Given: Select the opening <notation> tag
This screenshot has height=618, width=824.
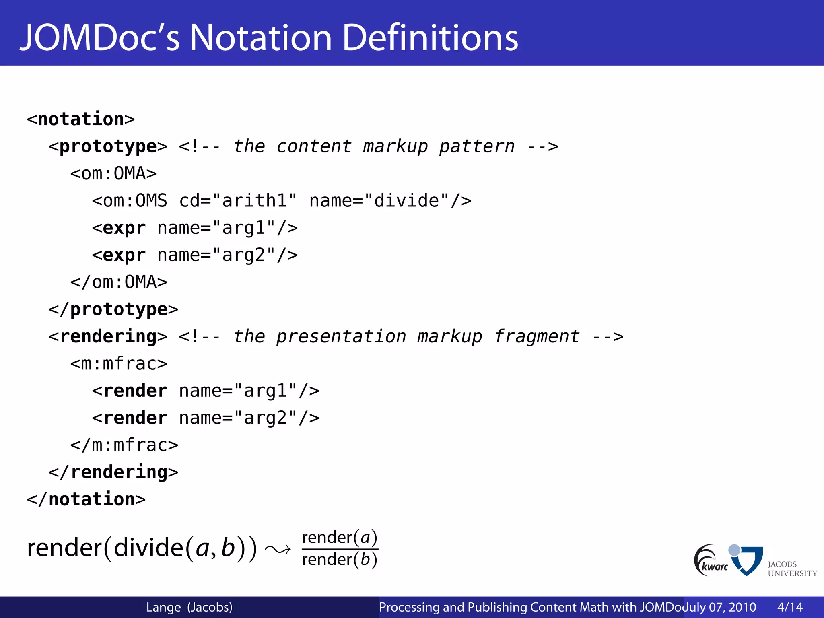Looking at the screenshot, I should pos(80,119).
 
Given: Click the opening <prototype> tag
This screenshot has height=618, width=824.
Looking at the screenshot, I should pos(107,146).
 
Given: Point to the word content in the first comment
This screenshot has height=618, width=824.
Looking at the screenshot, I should pos(314,146).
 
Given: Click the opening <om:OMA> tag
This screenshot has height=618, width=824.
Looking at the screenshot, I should pos(113,174).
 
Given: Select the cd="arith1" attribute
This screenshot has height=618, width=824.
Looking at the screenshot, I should pos(238,201).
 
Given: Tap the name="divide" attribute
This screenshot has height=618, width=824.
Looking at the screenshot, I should pos(390,201).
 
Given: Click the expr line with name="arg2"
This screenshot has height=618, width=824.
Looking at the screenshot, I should pos(195,255).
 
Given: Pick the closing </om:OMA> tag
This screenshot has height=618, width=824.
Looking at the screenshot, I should pos(119,282).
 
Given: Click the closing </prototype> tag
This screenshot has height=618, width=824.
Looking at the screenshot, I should pos(113,309).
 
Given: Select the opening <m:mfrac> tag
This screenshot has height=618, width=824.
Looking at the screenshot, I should pos(119,364).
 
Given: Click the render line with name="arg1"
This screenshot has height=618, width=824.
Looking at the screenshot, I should pos(206,391).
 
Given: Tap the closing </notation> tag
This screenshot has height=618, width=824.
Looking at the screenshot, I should pos(86,499).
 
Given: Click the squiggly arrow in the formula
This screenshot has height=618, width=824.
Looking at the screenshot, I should pos(278,549).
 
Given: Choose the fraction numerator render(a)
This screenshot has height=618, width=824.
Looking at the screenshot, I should pos(340,538).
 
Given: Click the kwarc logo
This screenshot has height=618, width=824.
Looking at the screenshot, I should pos(711,560).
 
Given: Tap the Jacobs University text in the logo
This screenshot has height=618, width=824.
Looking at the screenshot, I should pos(792,569).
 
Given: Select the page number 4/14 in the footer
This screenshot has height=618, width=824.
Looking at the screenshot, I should pos(790,607).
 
